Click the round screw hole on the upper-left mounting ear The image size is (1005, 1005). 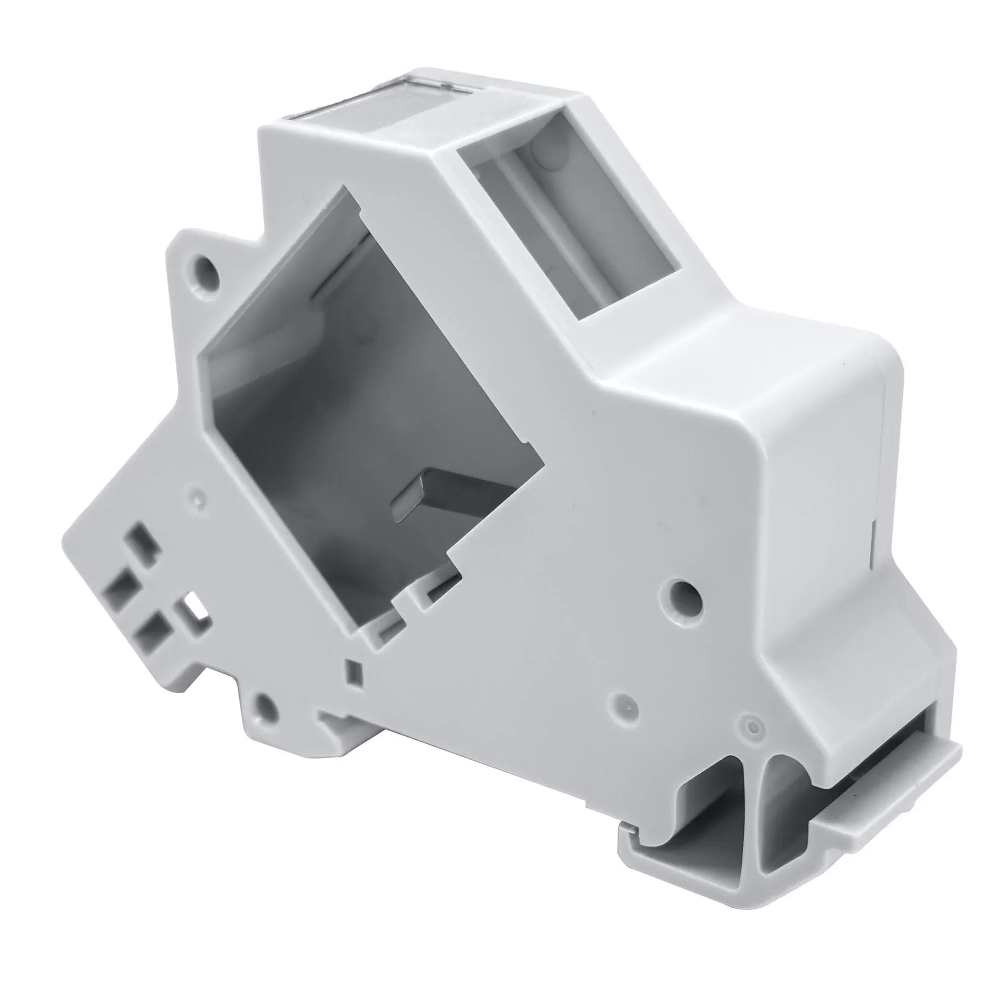(208, 266)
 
